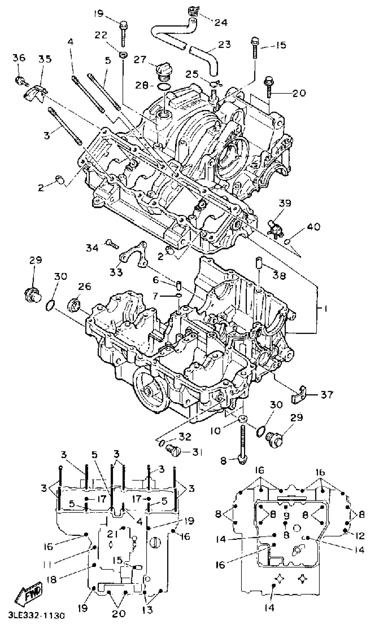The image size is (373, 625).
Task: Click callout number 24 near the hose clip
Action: (x=221, y=23)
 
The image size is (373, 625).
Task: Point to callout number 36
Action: (x=19, y=58)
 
